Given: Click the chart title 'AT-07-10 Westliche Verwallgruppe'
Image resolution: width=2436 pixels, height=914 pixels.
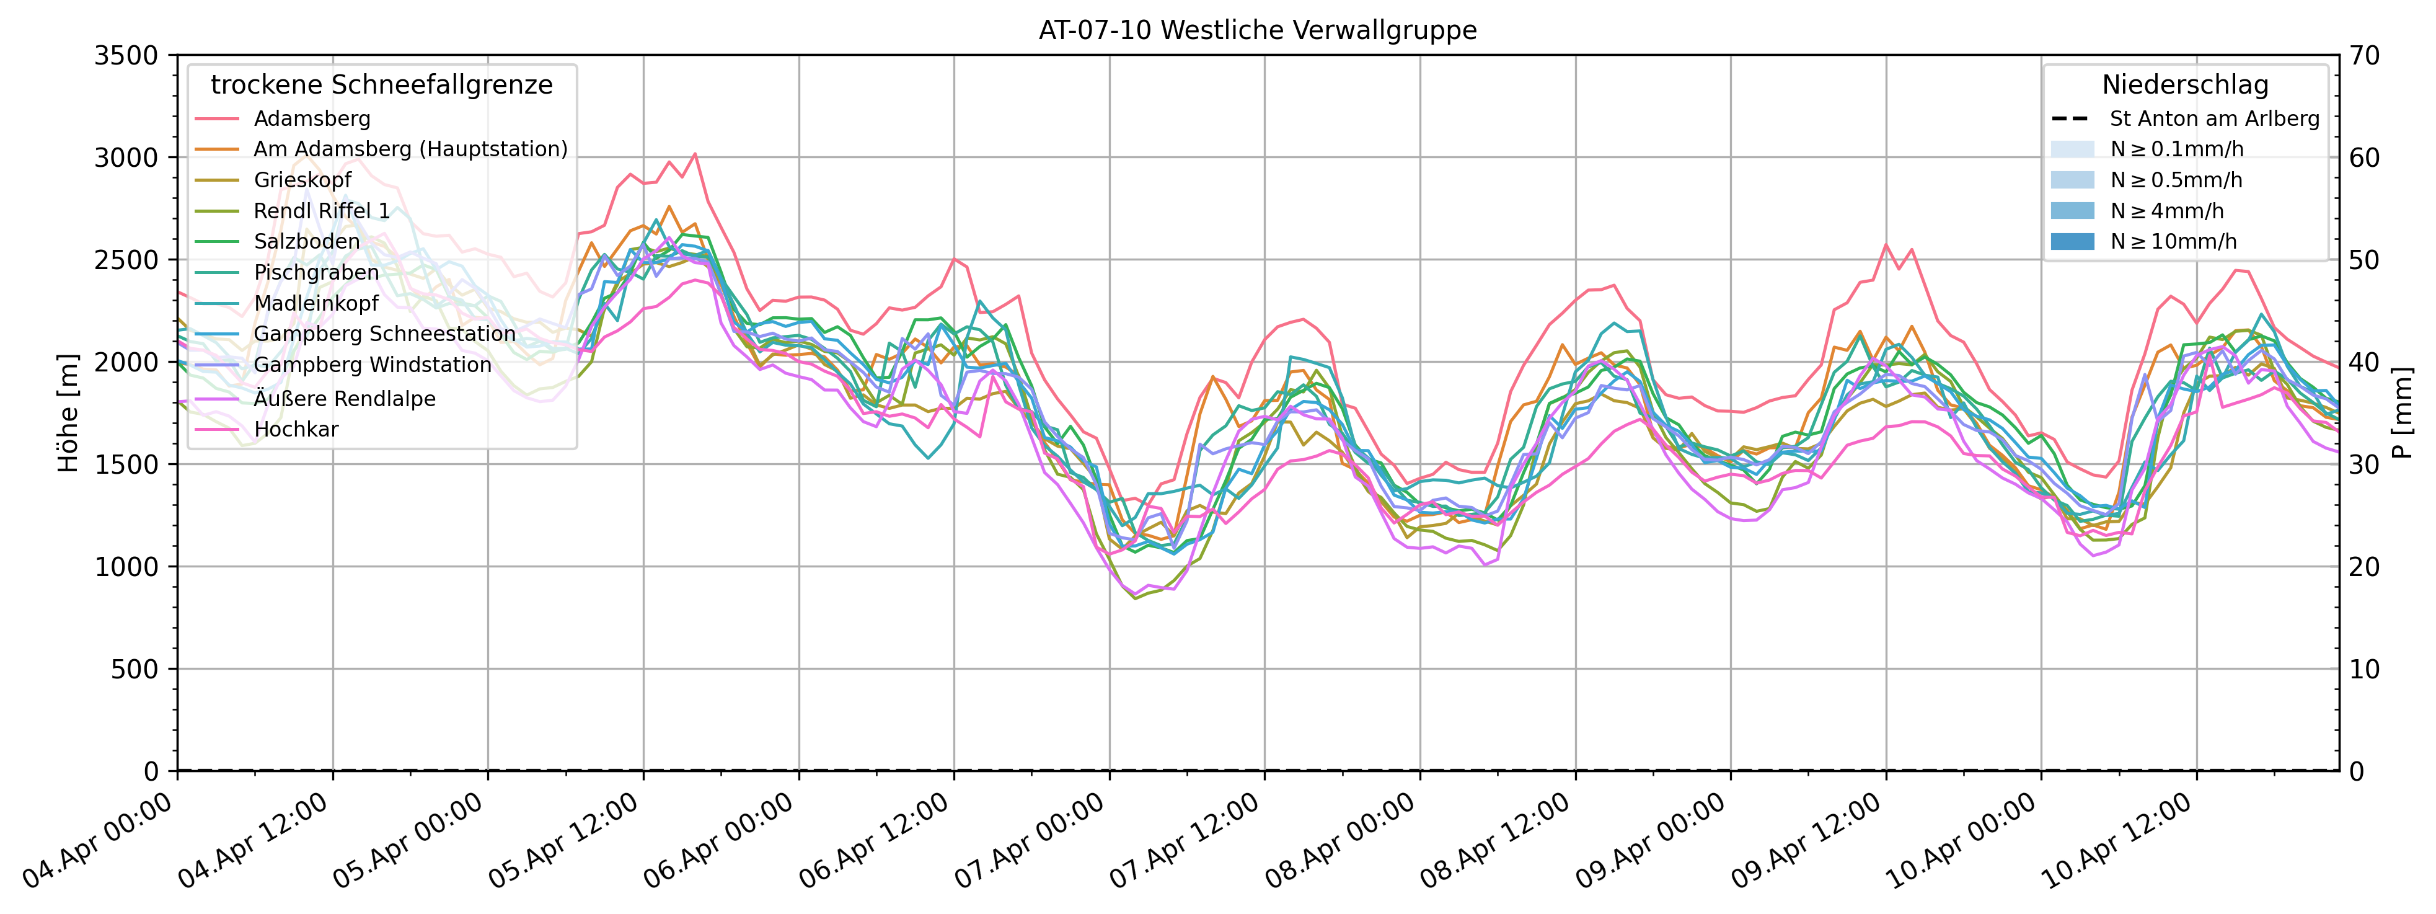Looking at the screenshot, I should [x=1258, y=30].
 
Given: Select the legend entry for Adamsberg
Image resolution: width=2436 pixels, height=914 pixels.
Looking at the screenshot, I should [x=311, y=119].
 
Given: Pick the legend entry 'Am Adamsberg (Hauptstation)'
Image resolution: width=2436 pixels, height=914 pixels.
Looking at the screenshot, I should [x=410, y=149].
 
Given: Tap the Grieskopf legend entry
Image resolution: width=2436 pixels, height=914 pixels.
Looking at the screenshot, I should [x=302, y=180].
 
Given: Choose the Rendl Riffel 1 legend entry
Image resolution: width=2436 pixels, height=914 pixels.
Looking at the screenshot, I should [x=322, y=211].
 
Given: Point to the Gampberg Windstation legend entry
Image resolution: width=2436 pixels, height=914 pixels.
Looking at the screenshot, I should [x=372, y=365].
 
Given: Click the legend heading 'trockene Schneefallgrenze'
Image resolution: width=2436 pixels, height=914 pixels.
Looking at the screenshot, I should [x=381, y=85].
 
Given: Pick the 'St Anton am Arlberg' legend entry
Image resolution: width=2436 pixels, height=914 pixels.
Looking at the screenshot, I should [x=2213, y=119].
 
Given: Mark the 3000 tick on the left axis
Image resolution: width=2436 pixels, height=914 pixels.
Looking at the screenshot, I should [x=126, y=158].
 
